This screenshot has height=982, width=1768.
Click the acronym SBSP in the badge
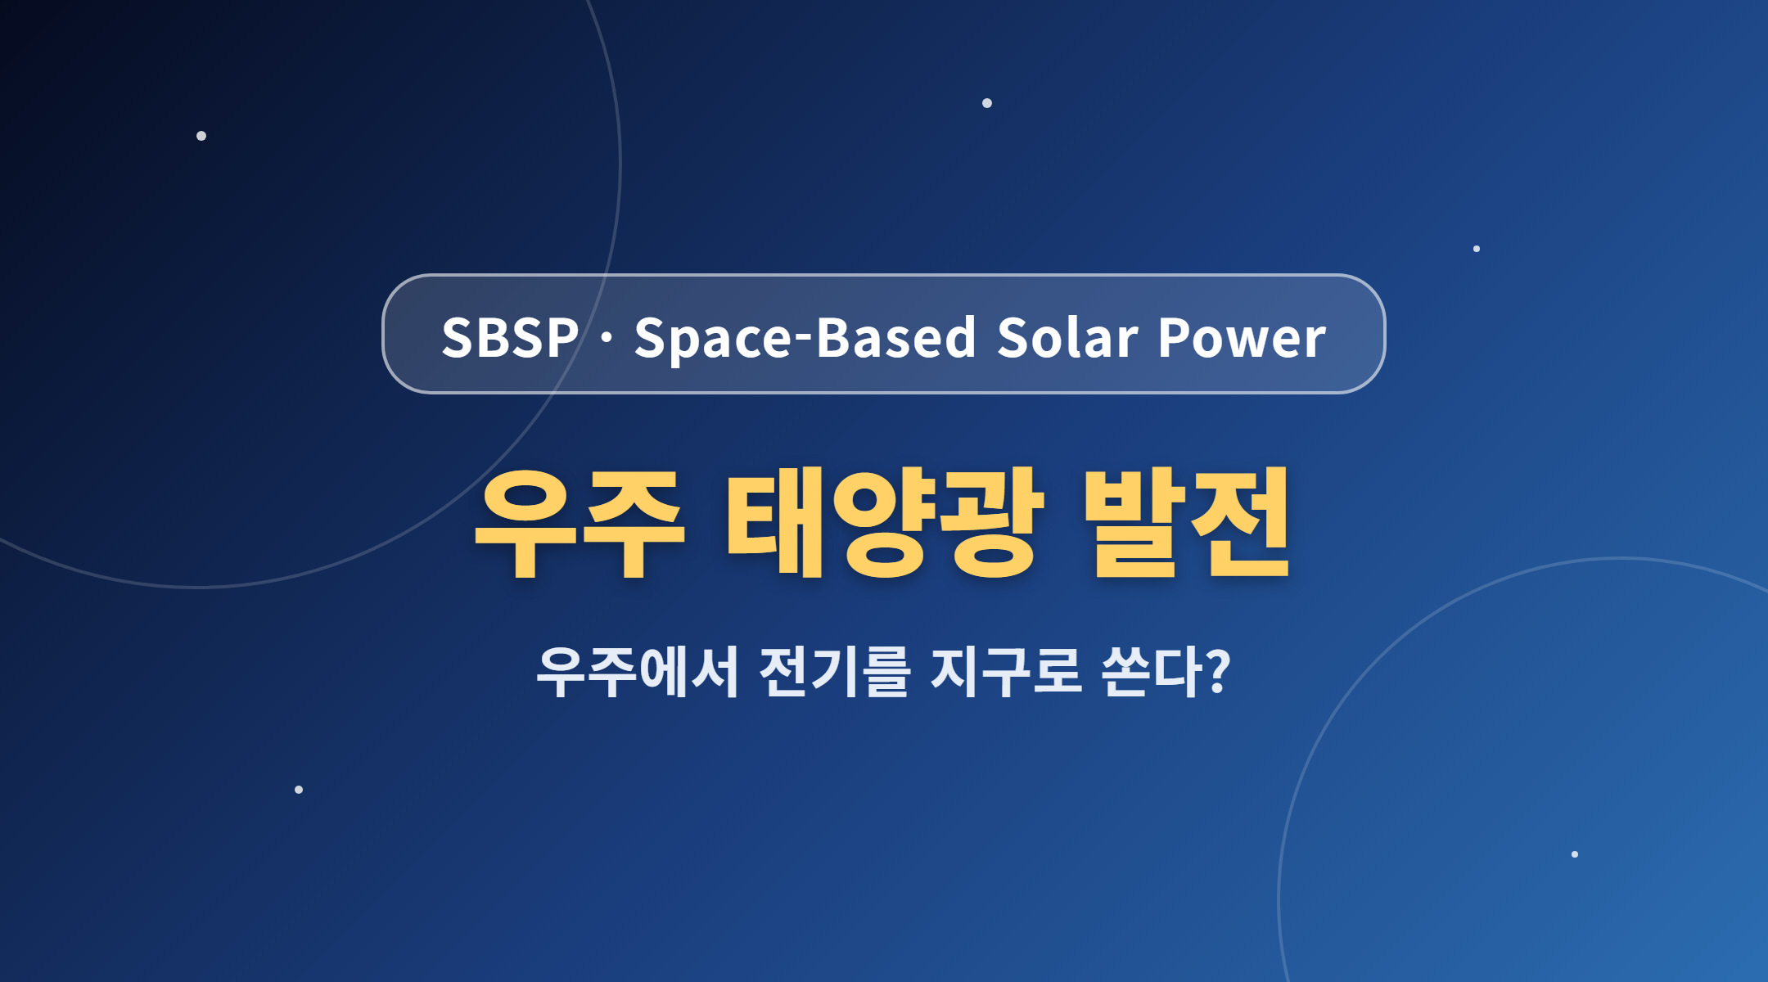coord(510,336)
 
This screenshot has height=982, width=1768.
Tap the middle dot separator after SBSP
coord(607,337)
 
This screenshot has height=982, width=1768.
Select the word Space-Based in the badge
coord(805,337)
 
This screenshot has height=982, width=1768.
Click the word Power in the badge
coord(1242,337)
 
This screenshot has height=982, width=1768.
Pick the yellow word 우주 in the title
coord(579,524)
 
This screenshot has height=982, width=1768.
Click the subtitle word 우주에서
coord(638,671)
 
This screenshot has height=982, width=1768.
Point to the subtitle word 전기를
coord(835,671)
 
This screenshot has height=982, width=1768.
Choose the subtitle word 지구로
coord(1007,671)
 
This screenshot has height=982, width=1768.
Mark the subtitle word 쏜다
coord(1152,671)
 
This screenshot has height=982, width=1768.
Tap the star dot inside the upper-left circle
coord(201,136)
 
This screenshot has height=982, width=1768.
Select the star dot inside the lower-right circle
coord(1575,854)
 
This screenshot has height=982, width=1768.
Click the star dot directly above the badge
coord(987,103)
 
